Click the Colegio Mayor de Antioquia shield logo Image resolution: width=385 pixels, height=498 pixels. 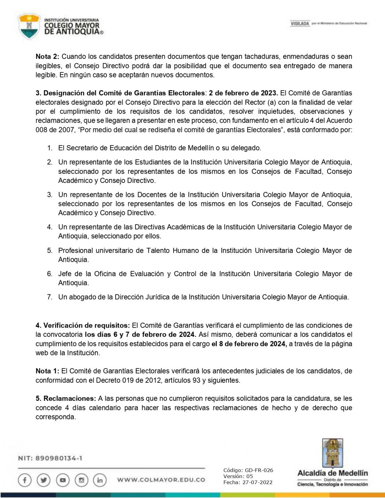pos(30,26)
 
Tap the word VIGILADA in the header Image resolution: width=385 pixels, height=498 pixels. pos(300,24)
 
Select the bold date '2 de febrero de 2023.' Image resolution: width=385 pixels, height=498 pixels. pos(243,93)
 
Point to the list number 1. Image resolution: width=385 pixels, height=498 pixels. pos(49,148)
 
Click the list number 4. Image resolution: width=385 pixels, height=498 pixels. pos(49,227)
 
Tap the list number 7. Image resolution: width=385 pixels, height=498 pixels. pos(49,297)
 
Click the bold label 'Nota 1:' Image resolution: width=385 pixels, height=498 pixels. pos(47,371)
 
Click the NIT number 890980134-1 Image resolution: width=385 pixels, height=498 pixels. pos(58,458)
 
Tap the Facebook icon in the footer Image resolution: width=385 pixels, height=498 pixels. pos(25,480)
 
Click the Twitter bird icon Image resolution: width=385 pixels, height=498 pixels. pos(44,480)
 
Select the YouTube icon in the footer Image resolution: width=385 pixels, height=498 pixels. pos(63,480)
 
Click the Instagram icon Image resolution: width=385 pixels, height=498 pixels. pos(81,480)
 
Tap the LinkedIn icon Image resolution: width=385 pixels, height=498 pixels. pos(100,480)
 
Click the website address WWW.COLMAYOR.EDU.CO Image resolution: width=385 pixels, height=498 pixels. pos(161,480)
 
